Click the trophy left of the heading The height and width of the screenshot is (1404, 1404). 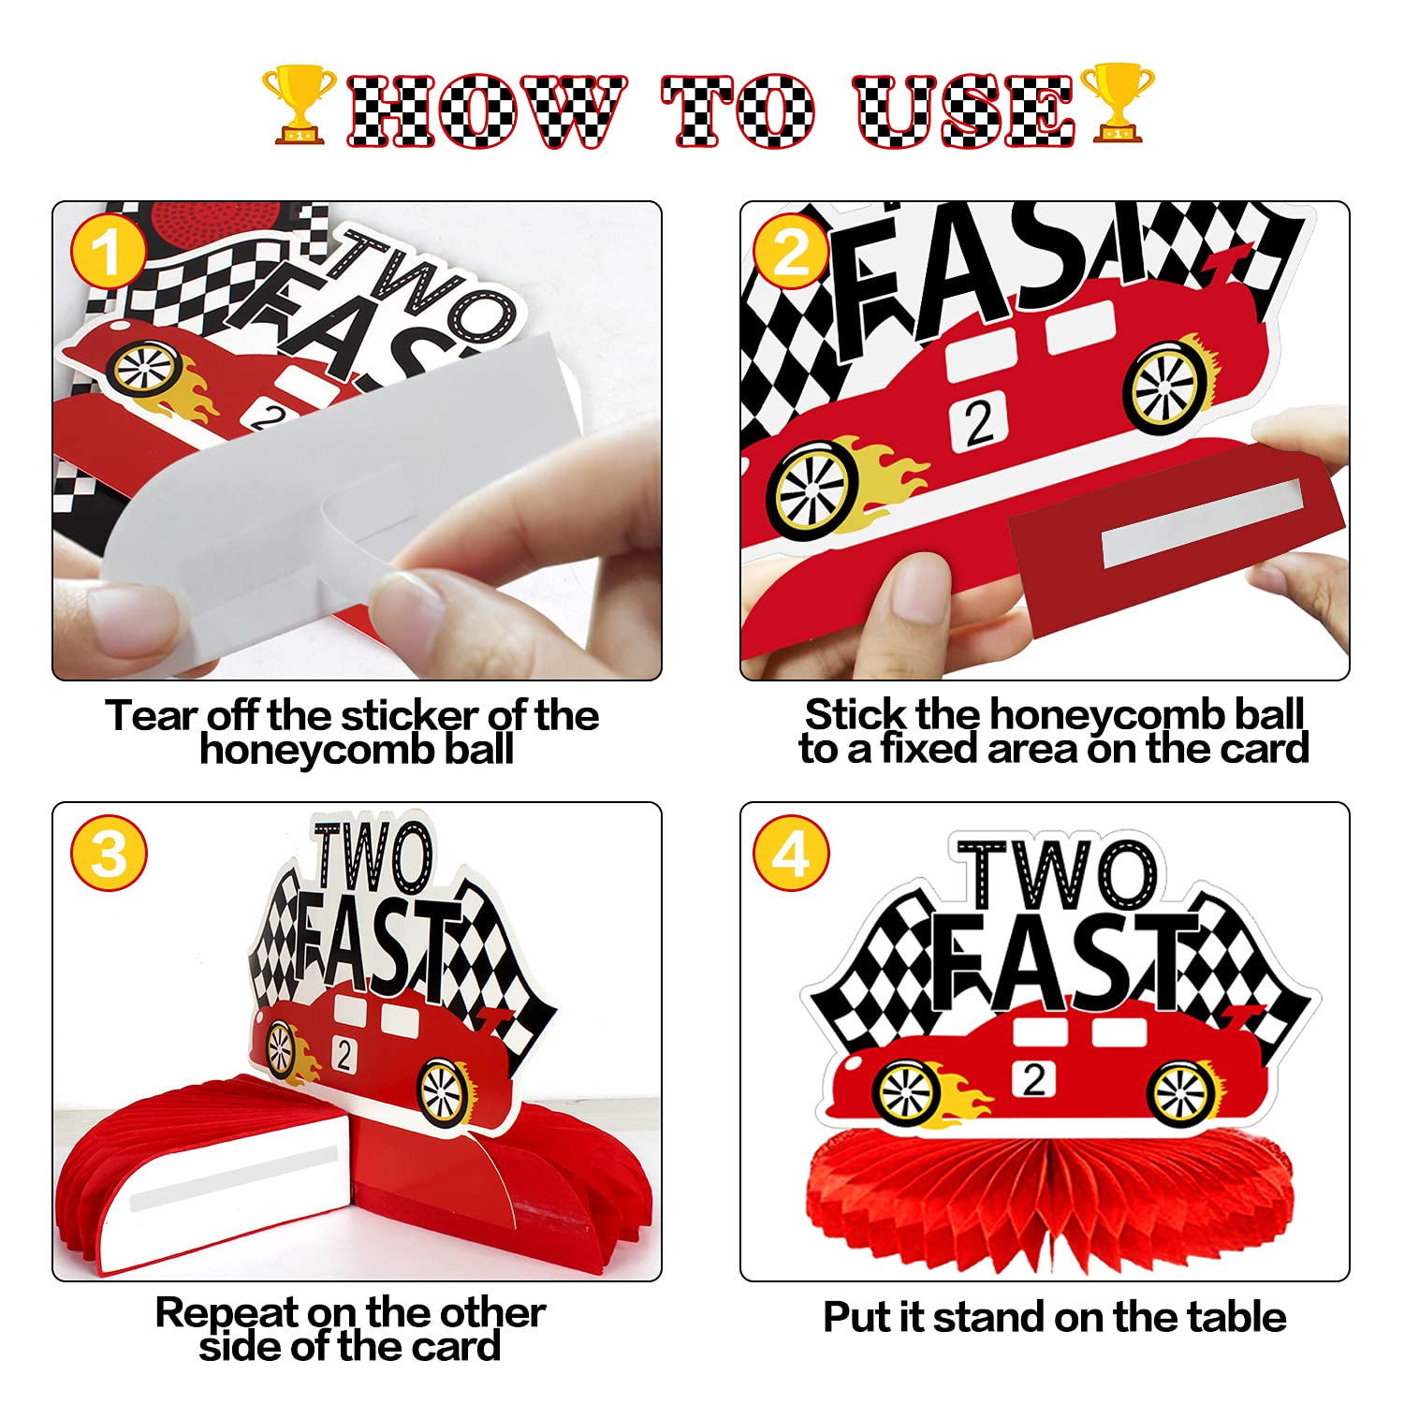300,104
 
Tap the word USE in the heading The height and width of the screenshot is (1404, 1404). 964,111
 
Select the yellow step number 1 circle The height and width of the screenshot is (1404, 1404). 109,253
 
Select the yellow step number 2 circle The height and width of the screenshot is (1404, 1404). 792,253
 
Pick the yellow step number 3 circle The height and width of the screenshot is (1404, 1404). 110,853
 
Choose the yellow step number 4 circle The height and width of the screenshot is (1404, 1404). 792,853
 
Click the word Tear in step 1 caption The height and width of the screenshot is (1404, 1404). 153,716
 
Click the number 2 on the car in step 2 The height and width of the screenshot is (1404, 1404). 979,421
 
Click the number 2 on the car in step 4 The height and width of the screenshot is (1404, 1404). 1033,1079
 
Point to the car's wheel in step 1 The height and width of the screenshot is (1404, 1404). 145,368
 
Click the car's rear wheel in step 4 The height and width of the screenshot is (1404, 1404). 1183,1092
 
